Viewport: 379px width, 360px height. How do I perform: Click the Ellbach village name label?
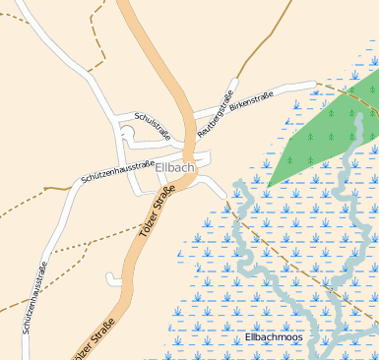(175, 167)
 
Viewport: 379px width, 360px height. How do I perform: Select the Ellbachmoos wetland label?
(275, 337)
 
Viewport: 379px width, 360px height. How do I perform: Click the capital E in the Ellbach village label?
(159, 167)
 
